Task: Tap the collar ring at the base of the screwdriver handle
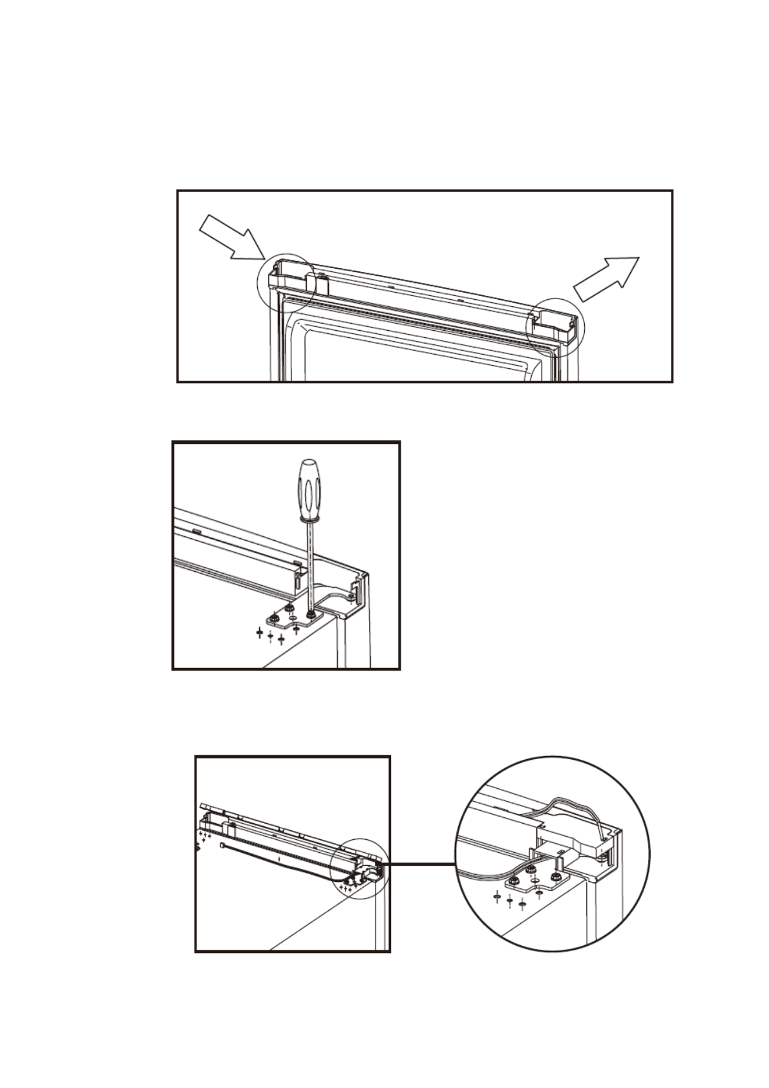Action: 310,518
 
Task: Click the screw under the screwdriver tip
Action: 312,614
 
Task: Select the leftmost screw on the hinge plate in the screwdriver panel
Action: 275,619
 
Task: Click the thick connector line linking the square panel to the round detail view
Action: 420,864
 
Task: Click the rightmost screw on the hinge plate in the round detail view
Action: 555,877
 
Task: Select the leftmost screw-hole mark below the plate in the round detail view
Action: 496,897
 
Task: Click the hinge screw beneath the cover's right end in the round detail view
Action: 603,857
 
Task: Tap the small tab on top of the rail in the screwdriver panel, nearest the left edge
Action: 195,531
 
